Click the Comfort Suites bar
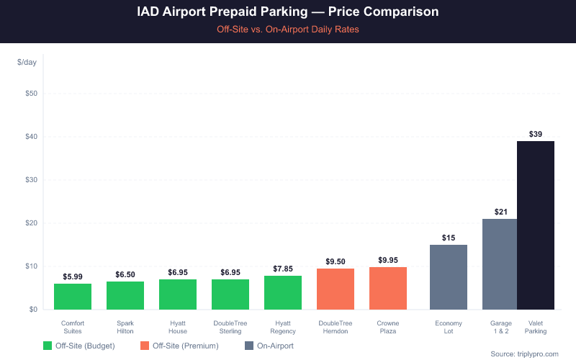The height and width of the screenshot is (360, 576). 73,297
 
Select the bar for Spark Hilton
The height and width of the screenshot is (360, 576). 125,295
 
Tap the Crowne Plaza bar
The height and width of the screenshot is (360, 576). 388,288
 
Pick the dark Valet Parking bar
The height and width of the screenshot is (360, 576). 536,225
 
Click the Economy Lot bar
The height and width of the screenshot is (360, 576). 449,277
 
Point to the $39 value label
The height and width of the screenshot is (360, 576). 536,134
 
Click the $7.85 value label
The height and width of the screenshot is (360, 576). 283,269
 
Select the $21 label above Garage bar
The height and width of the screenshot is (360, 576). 501,212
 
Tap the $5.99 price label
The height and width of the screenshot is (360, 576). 73,276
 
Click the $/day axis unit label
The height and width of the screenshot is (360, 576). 27,63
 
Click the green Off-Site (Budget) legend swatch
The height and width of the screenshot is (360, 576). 48,346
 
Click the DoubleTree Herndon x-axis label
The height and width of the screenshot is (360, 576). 336,327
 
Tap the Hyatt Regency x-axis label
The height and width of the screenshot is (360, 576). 283,327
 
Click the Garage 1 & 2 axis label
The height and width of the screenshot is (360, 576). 501,327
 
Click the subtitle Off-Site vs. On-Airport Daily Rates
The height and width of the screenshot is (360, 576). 288,30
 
